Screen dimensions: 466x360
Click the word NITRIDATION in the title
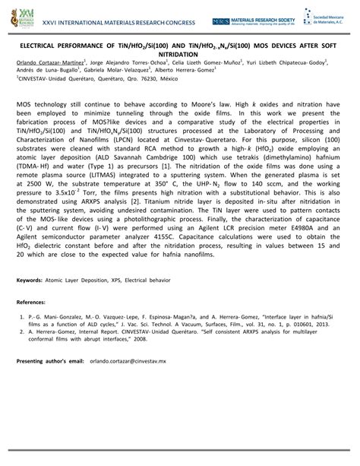point(179,55)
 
